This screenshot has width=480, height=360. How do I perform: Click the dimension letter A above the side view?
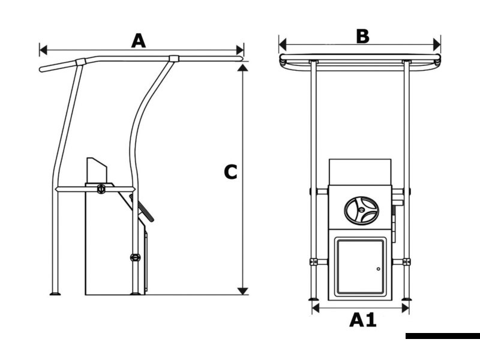click(x=139, y=40)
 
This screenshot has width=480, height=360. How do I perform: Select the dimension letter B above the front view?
click(x=362, y=36)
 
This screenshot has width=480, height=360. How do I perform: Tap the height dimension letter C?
click(x=230, y=172)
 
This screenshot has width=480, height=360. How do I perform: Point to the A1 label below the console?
click(x=362, y=320)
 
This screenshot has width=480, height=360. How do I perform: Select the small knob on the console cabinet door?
click(x=378, y=269)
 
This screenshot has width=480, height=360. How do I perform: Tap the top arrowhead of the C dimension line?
click(x=242, y=68)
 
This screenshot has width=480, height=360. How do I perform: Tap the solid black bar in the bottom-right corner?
click(x=442, y=336)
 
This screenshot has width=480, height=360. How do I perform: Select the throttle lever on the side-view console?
click(x=146, y=211)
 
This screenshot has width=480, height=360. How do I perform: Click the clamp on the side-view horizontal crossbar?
click(x=101, y=189)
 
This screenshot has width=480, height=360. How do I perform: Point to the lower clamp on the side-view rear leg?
click(x=135, y=257)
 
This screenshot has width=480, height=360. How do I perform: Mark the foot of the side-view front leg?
click(x=56, y=293)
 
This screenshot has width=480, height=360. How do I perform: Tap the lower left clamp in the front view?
click(x=313, y=262)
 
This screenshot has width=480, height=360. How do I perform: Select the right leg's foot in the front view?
click(x=407, y=298)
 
